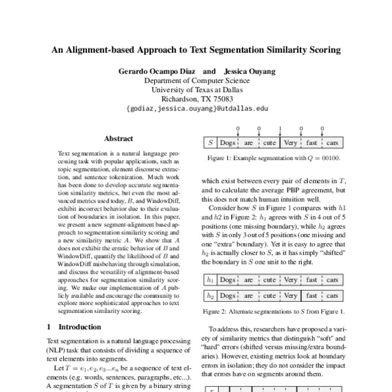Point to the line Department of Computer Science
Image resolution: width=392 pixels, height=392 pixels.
pos(196,80)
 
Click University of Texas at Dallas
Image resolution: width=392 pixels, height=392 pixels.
pos(196,90)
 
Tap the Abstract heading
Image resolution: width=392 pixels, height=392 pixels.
pos(118,139)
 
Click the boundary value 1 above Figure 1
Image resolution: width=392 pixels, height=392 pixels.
pos(280,129)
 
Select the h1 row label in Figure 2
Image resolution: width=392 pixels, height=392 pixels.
pos(210,280)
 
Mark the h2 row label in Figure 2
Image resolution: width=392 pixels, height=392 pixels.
pos(210,295)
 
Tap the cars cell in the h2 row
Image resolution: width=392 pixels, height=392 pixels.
pos(333,295)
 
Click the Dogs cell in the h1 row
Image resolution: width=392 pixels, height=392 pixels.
pos(227,280)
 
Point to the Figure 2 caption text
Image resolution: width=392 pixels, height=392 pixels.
pos(273,310)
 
